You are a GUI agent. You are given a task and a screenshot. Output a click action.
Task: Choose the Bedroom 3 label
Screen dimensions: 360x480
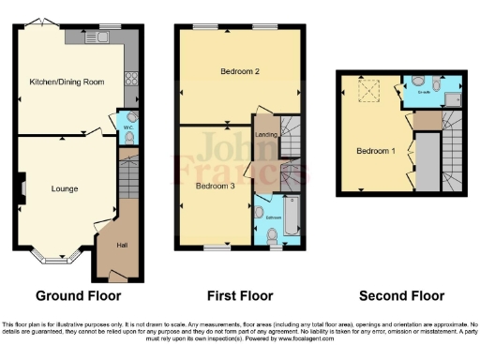(215, 186)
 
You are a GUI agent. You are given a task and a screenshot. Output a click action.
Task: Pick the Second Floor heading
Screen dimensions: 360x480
(403, 296)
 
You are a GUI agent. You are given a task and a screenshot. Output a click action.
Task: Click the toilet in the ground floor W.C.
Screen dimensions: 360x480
(130, 138)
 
